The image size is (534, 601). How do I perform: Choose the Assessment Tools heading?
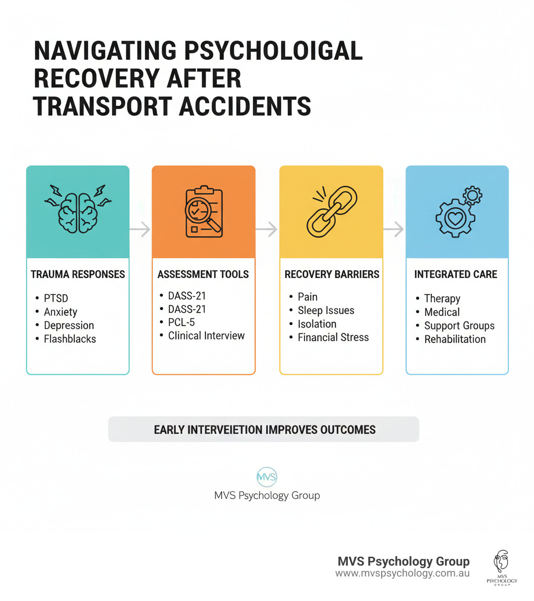(203, 274)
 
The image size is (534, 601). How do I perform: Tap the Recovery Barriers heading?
(332, 274)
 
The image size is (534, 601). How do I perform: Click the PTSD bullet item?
(56, 298)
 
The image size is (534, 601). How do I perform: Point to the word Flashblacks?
(70, 339)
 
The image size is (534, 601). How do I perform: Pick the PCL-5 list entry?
(181, 322)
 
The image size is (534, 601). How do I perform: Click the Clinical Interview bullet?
(206, 336)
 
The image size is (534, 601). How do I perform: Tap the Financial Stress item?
(333, 337)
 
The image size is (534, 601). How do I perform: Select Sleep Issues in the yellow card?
(325, 310)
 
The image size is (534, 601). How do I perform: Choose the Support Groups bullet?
(459, 326)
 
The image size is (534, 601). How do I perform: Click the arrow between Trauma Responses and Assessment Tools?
(140, 229)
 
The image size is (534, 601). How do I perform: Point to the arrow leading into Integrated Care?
(394, 229)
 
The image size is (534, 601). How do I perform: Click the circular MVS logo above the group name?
(267, 477)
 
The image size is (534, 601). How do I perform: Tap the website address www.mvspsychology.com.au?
(402, 573)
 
